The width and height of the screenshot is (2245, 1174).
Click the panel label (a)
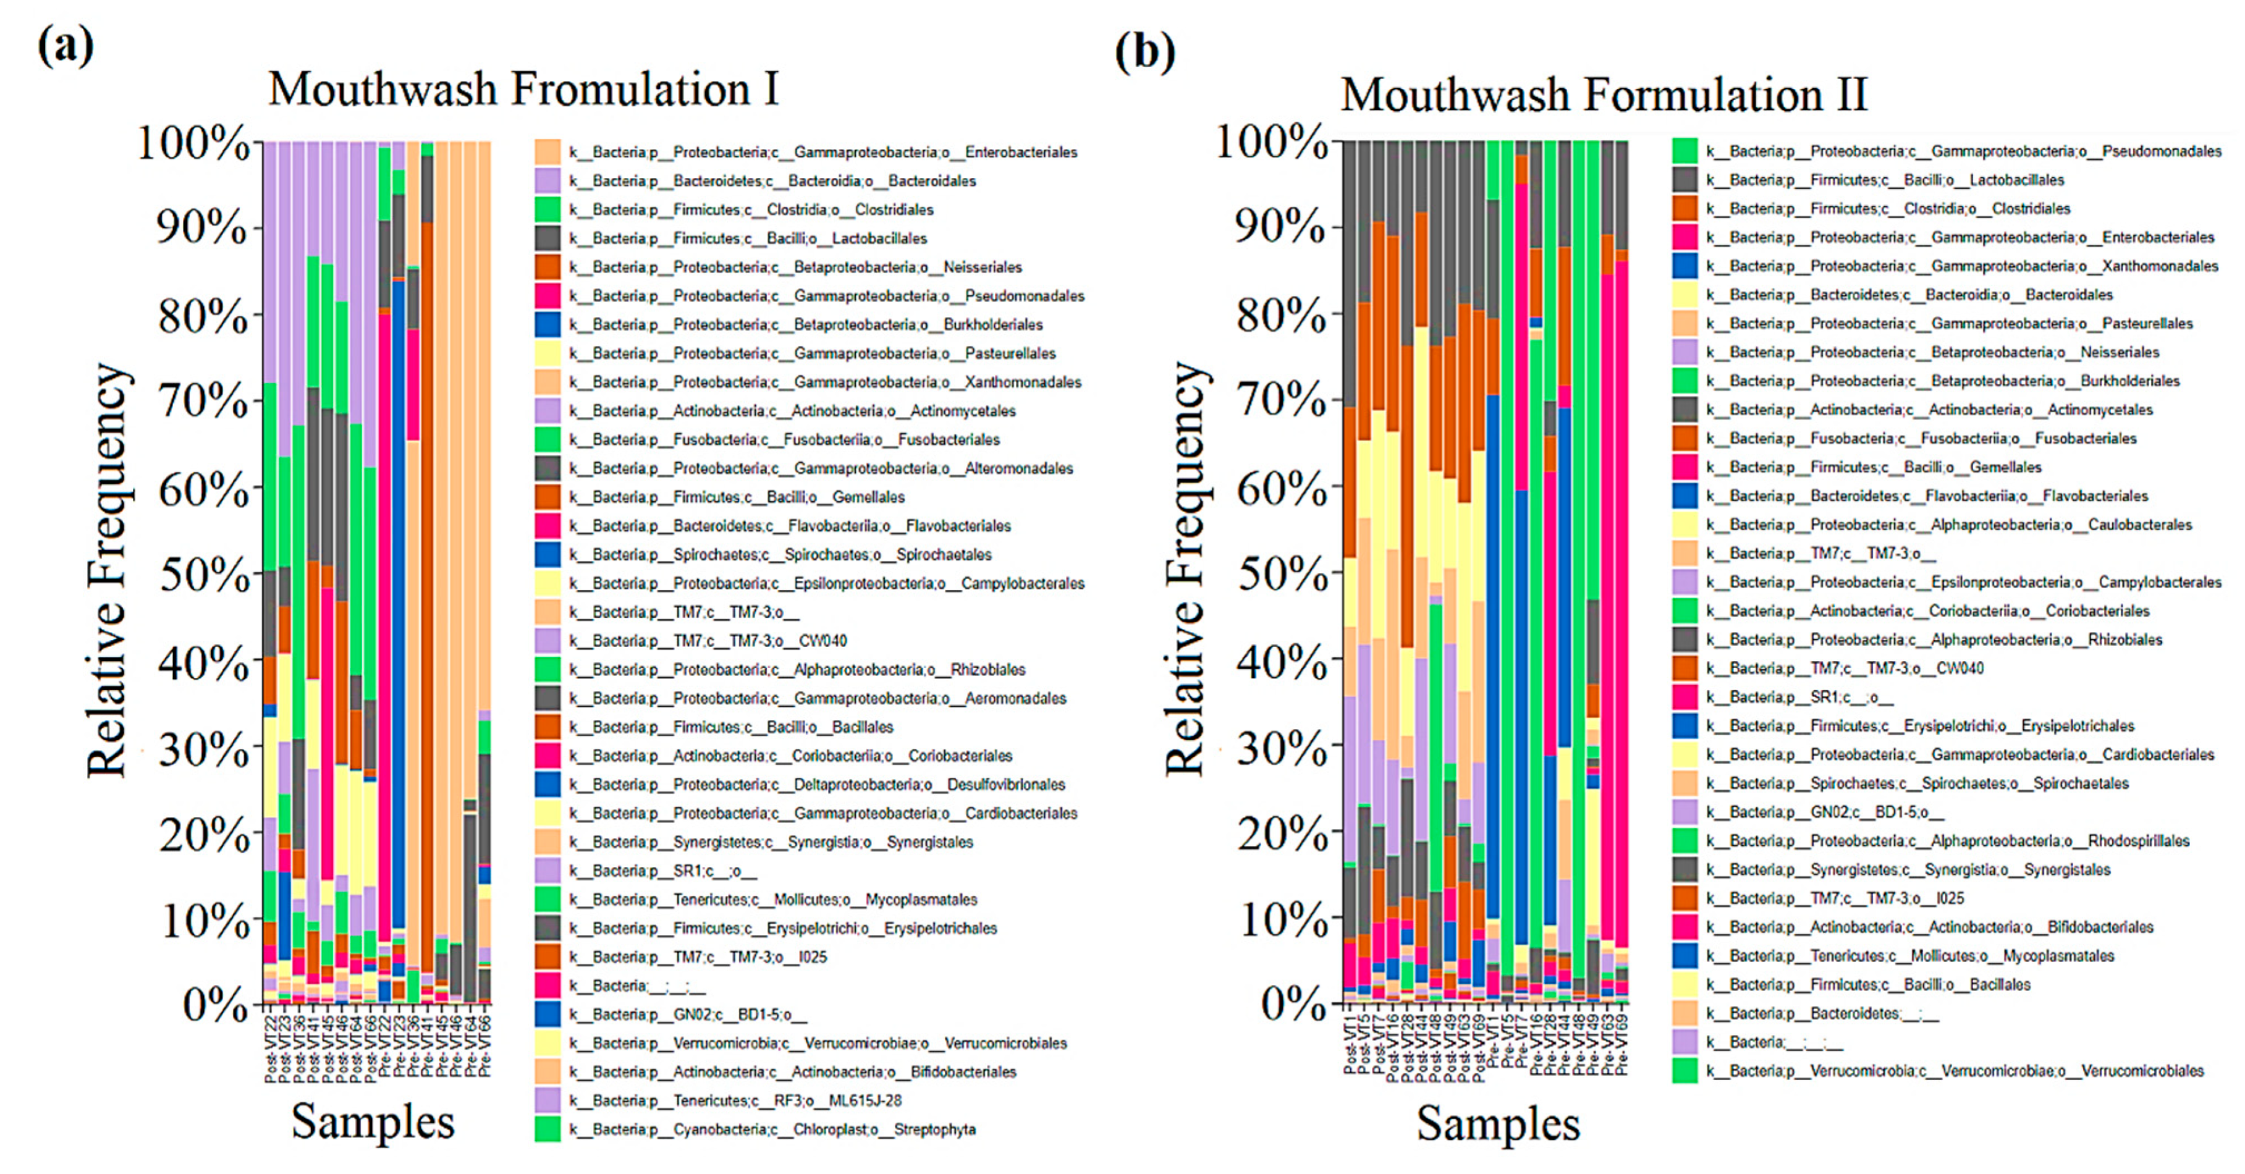pos(66,45)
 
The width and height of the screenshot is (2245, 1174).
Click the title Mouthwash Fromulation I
pos(523,90)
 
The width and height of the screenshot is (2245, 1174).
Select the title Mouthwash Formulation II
pos(1604,94)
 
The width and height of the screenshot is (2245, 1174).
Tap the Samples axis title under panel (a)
pos(373,1121)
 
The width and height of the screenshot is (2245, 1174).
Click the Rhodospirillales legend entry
pos(1947,841)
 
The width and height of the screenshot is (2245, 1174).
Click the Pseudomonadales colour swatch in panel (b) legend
pos(1684,151)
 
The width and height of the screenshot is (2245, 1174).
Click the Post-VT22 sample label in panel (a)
pos(270,1046)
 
